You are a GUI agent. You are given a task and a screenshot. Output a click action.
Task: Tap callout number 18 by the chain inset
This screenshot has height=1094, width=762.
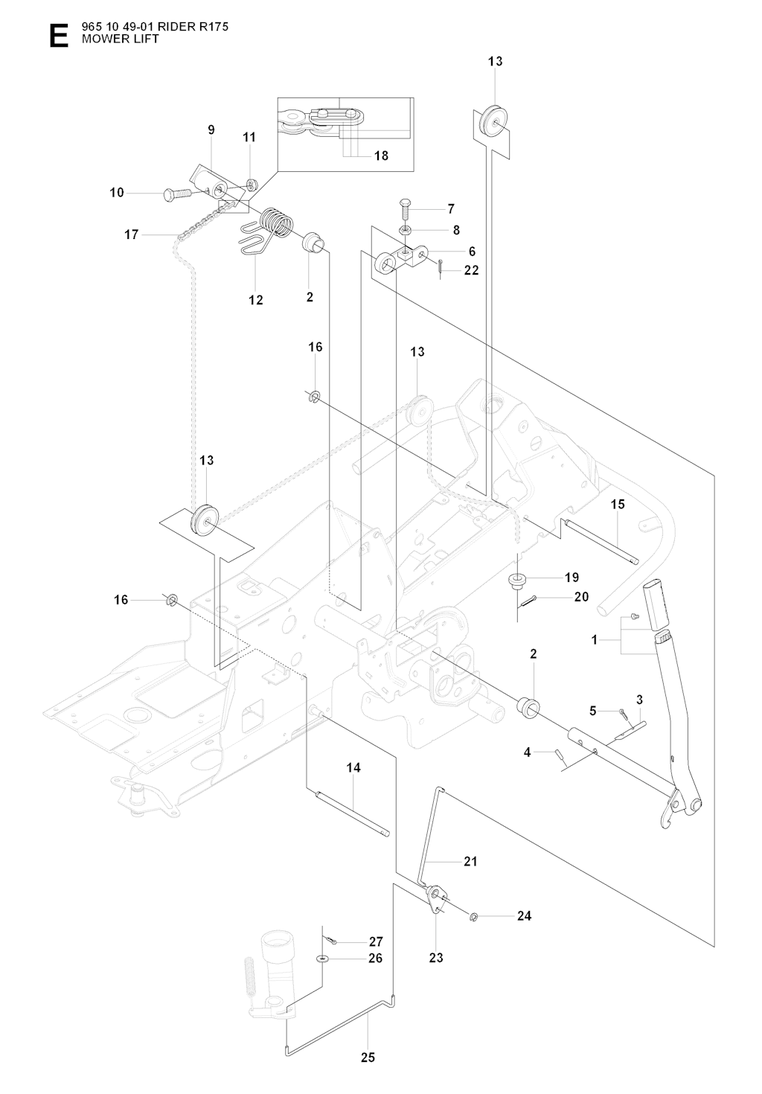click(381, 156)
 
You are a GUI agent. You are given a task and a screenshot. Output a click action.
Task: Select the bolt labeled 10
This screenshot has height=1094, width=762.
click(174, 195)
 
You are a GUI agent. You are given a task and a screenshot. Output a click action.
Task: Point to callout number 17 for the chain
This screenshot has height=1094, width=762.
click(131, 234)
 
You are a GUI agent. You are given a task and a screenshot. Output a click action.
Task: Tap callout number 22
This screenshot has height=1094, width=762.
click(471, 270)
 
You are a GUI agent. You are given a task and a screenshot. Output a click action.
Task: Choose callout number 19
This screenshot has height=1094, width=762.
click(571, 577)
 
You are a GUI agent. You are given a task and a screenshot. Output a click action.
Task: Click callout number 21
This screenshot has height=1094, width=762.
click(470, 861)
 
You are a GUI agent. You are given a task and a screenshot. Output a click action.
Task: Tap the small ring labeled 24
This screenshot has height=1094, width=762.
click(474, 916)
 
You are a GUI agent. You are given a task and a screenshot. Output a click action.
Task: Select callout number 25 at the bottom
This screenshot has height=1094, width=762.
click(368, 1057)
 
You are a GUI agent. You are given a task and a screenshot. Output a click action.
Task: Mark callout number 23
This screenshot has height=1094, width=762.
click(436, 957)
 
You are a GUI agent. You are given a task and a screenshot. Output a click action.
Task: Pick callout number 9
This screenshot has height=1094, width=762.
click(211, 130)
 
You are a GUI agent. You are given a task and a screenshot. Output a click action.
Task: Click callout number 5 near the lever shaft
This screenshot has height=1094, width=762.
click(593, 711)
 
